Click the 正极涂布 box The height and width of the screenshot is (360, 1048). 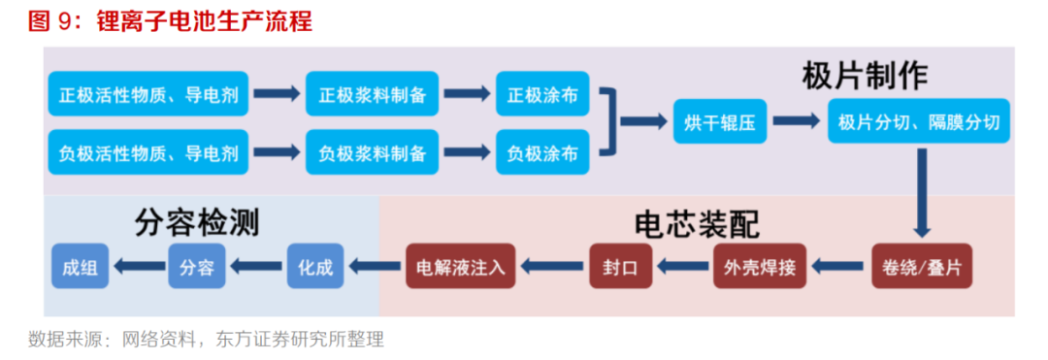(542, 95)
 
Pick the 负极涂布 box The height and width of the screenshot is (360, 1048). (542, 151)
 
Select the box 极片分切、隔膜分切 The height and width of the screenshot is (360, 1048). (918, 122)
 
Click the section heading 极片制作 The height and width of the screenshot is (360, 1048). (865, 74)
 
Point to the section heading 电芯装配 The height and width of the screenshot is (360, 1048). (696, 225)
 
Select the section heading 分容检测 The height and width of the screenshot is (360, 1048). (197, 223)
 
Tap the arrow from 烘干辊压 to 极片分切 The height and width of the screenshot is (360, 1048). (795, 122)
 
